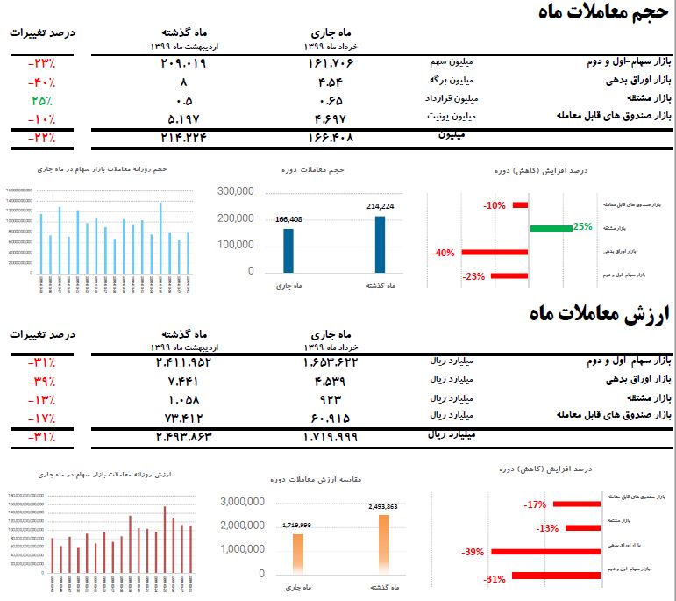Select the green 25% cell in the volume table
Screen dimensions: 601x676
[40, 99]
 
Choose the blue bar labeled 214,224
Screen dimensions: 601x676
[380, 245]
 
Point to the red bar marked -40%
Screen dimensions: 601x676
[494, 253]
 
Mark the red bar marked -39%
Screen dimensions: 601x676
[544, 553]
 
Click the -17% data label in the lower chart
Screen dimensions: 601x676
[534, 504]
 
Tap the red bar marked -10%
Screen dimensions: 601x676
[520, 205]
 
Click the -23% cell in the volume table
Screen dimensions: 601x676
[40, 64]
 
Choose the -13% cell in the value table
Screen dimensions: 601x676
[40, 397]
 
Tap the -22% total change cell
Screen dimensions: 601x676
[40, 138]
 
